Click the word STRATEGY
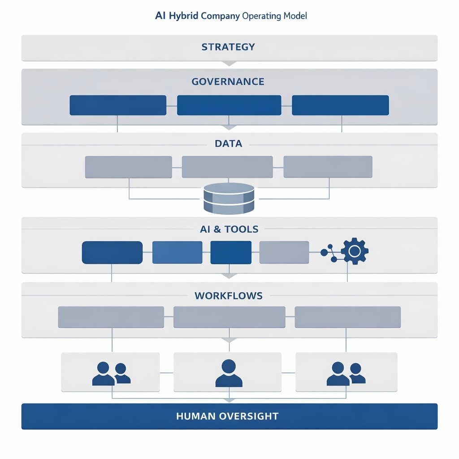tap(228, 47)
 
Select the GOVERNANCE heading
tap(228, 82)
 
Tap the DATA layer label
tap(229, 144)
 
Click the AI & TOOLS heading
tap(229, 229)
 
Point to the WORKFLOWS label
tap(229, 296)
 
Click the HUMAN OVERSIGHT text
tap(227, 416)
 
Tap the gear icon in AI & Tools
tap(354, 251)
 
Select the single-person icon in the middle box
tap(229, 373)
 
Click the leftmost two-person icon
tap(111, 374)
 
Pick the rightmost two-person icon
tap(346, 374)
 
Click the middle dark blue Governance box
tap(229, 105)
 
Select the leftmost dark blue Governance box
tap(118, 105)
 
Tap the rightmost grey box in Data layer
tap(328, 167)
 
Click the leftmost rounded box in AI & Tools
tap(112, 252)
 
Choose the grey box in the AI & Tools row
tap(284, 252)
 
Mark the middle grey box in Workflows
tap(229, 317)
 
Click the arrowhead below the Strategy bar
tap(229, 63)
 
